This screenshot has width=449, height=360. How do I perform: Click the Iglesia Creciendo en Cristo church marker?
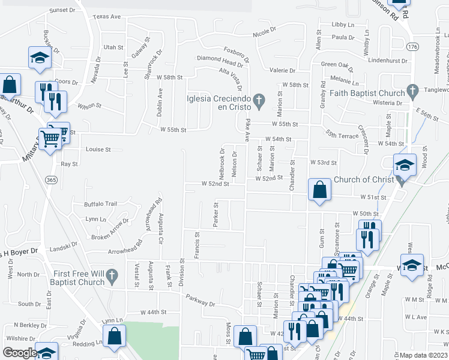tap(259, 99)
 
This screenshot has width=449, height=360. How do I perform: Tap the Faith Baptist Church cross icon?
tap(412, 91)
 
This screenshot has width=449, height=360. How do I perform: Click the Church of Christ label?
tap(364, 179)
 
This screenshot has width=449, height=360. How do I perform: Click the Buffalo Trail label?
tap(101, 204)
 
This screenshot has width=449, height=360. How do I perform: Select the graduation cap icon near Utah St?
tap(39, 58)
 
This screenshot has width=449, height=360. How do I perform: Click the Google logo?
tap(20, 353)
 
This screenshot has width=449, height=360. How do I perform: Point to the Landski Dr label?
tap(63, 245)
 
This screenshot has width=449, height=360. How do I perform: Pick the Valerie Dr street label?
tap(282, 71)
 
